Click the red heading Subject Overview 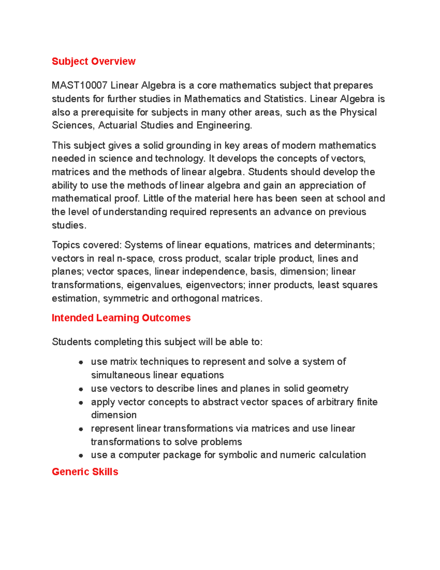pos(93,61)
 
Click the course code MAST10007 pos(79,86)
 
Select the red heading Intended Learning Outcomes pos(121,318)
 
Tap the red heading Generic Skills pos(85,472)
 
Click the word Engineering pos(224,126)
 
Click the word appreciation pos(332,185)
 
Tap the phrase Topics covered pos(87,245)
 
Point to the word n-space pos(135,258)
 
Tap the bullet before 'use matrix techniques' pos(81,362)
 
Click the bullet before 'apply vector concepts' pos(81,403)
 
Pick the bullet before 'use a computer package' pos(81,455)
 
